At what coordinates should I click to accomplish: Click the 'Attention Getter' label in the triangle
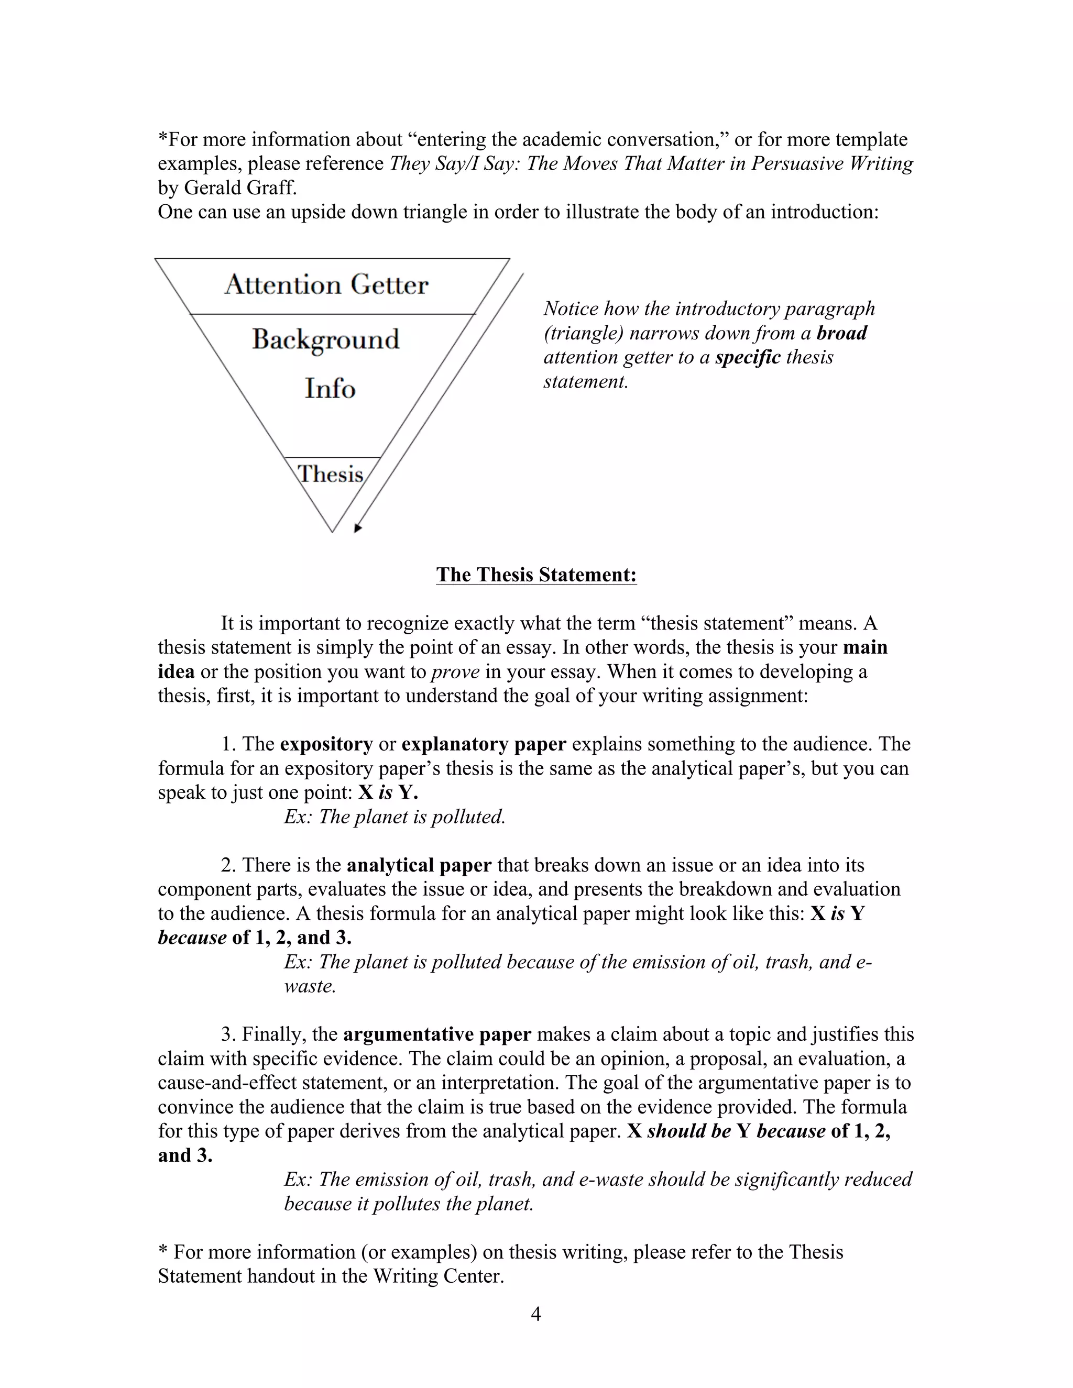pyautogui.click(x=326, y=285)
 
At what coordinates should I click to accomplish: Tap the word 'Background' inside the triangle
pyautogui.click(x=325, y=340)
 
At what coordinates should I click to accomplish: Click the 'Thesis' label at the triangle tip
pyautogui.click(x=331, y=474)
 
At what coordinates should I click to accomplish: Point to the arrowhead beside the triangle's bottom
pyautogui.click(x=358, y=528)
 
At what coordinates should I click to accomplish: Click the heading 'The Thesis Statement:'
pyautogui.click(x=536, y=575)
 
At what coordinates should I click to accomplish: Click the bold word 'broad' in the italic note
pyautogui.click(x=841, y=333)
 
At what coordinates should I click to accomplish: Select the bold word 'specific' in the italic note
pyautogui.click(x=748, y=357)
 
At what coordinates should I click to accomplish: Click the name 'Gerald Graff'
pyautogui.click(x=239, y=188)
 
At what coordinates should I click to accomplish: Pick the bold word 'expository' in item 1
pyautogui.click(x=326, y=744)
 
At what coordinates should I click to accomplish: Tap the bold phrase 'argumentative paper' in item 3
pyautogui.click(x=437, y=1034)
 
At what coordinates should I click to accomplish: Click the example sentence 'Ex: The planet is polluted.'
pyautogui.click(x=394, y=817)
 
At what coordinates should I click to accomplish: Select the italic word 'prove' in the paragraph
pyautogui.click(x=455, y=672)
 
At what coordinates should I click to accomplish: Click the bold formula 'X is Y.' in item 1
pyautogui.click(x=388, y=792)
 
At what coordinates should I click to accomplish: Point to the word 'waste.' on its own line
pyautogui.click(x=310, y=986)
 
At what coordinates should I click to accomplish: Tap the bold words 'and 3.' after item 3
pyautogui.click(x=185, y=1155)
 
